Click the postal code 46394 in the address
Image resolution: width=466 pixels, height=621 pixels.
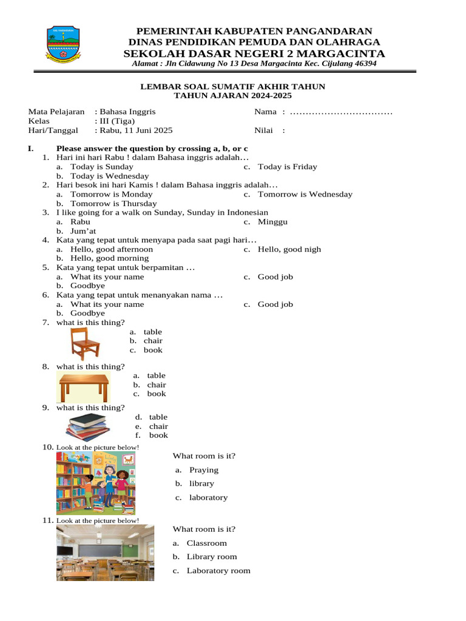click(364, 64)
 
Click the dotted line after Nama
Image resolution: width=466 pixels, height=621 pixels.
click(341, 112)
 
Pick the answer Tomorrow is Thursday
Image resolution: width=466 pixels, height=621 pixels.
click(113, 204)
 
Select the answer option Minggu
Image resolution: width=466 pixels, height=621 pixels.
click(272, 222)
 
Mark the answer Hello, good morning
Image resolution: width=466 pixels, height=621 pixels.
click(109, 258)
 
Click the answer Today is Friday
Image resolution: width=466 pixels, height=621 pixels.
click(287, 167)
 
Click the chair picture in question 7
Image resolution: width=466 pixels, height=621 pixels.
click(85, 344)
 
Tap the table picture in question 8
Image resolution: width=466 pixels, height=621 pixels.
click(84, 387)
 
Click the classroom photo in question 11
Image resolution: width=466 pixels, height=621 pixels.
click(105, 552)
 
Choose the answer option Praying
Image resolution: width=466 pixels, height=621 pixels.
click(203, 470)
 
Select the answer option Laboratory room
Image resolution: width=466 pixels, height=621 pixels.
click(218, 571)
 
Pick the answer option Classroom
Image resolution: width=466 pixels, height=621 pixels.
click(206, 543)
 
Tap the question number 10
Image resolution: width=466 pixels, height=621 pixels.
click(48, 447)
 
